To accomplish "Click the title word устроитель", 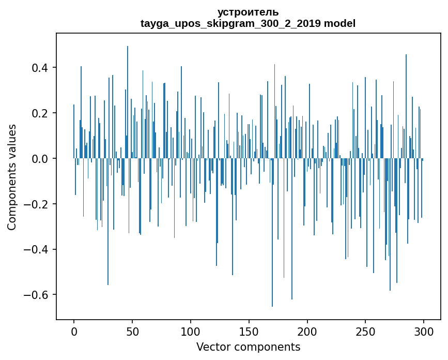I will (248, 12).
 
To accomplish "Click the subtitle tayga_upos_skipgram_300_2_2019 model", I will (248, 23).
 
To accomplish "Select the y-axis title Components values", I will (12, 177).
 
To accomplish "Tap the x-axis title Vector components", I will (248, 347).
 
